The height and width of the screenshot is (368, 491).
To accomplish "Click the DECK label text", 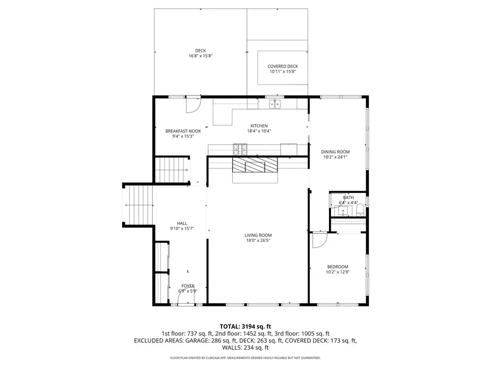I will tap(200, 50).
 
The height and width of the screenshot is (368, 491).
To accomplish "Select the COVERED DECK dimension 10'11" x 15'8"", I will tap(283, 71).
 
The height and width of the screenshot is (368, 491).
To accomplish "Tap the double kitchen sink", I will tap(274, 104).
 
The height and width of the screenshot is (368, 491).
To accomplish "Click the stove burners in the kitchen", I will tap(241, 147).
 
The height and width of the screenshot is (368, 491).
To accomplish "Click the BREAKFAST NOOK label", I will tap(183, 131).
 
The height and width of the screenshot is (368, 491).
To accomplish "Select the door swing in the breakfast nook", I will tap(193, 106).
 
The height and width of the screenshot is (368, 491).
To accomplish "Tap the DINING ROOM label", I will tap(336, 152).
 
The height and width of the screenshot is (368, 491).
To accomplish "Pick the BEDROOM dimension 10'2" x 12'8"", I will tap(337, 272).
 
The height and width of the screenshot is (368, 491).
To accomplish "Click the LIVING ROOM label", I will tap(258, 235).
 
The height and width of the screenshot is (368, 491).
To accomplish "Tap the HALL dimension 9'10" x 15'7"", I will tap(182, 228).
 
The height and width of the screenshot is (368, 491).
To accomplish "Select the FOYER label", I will tap(188, 286).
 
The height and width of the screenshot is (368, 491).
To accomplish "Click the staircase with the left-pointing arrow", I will tap(137, 205).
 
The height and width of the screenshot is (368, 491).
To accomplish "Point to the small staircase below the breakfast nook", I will tap(172, 170).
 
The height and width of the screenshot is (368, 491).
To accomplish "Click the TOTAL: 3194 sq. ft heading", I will tap(245, 325).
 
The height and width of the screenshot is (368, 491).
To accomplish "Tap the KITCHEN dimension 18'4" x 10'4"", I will tap(259, 131).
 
